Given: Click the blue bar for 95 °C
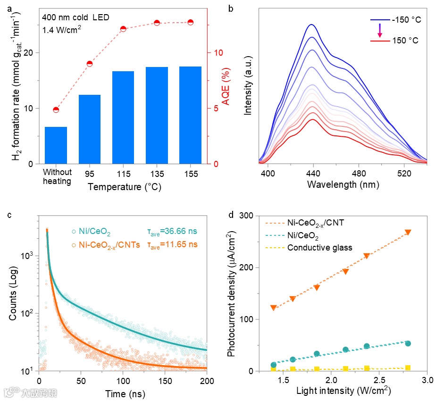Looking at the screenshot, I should point(89,129).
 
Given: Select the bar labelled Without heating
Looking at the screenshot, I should point(56,145).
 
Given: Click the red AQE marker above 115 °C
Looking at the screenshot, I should point(123,29).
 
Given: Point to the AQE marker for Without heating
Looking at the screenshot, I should point(56,110).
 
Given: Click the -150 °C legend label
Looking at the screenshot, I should point(406,20).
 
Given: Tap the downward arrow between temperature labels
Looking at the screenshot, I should point(380,31).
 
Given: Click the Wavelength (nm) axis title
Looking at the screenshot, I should point(343,184).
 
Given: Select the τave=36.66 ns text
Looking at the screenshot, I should point(170,232).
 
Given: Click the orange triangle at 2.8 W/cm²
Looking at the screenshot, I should point(408,232).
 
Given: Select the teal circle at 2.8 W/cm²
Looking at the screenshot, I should point(408,343).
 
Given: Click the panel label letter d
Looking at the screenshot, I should point(230,216).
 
